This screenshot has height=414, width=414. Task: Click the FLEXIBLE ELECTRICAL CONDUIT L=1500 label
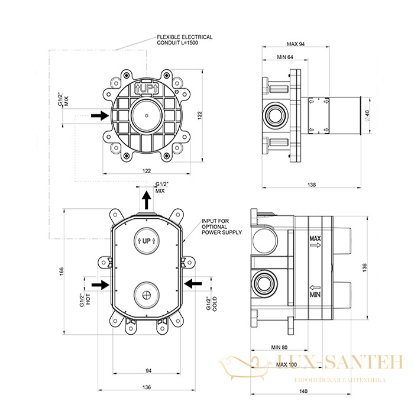coord(185,40)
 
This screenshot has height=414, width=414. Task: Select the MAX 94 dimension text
coord(296,44)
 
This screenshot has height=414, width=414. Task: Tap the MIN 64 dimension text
coord(285,57)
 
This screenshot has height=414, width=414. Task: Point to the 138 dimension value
coord(312,185)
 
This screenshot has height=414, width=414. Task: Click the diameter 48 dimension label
coord(367,115)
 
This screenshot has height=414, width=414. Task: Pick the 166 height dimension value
coord(62,271)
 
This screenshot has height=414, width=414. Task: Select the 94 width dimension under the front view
coord(148,371)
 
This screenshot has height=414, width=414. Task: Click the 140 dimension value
coord(303,392)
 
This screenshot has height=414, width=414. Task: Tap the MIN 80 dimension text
coord(279,348)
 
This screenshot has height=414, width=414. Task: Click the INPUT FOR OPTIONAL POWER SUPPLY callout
coord(222,227)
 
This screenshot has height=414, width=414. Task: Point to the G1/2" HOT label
coord(85,300)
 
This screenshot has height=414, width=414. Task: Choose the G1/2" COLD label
coord(212,303)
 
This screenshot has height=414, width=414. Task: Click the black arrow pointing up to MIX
coord(147,200)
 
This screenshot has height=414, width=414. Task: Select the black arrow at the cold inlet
coord(193,284)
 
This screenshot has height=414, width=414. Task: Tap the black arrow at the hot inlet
coord(101,284)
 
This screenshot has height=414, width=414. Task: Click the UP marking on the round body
coord(147,89)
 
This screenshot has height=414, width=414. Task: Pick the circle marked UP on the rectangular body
coord(147,241)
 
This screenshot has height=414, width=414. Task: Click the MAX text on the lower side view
coord(315,239)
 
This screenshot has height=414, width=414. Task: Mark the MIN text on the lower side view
coord(315,295)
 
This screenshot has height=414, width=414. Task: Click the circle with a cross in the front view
coord(147,295)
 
